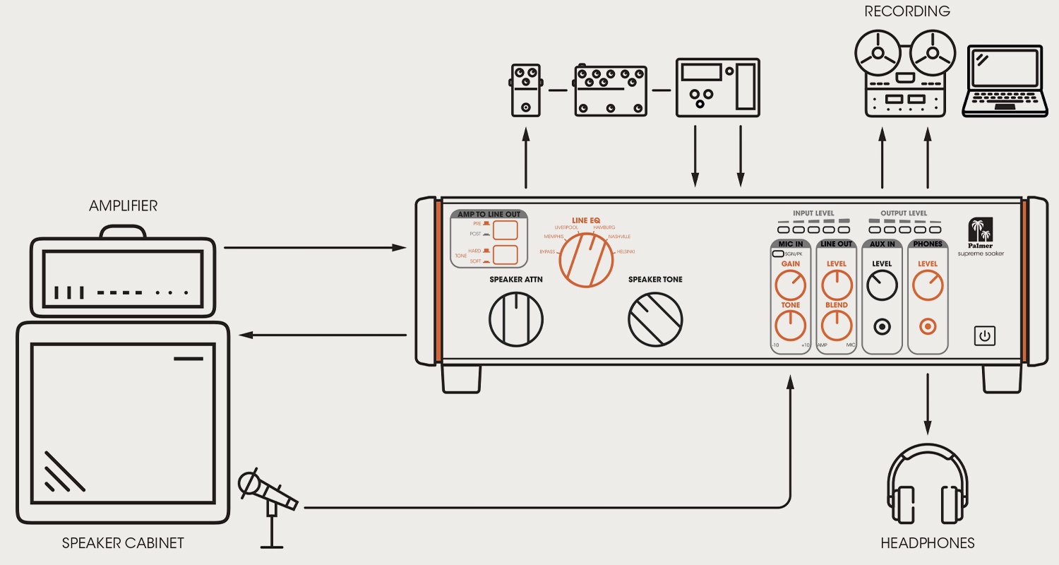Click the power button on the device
[985, 335]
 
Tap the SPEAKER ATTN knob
[516, 319]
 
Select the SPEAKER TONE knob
[655, 319]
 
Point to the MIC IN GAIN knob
[790, 286]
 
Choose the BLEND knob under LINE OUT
[836, 326]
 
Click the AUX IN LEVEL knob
[882, 286]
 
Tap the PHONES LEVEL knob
[927, 286]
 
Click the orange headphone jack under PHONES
[927, 327]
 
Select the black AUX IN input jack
[882, 327]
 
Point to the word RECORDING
[907, 11]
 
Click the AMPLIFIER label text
[123, 206]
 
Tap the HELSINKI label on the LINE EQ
[626, 252]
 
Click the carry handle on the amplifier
[123, 232]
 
